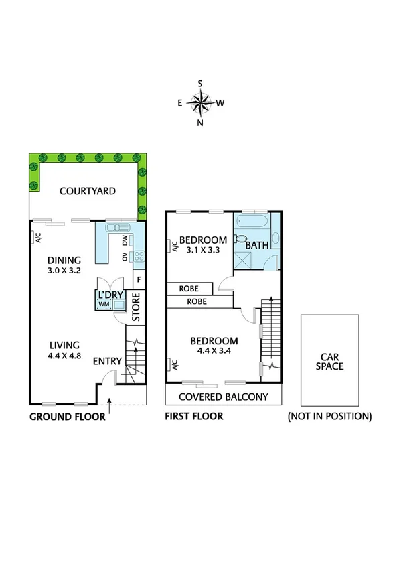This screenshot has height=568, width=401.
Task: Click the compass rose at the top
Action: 200,102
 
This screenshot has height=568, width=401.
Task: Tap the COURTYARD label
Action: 87,191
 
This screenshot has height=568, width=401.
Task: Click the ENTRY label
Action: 107,362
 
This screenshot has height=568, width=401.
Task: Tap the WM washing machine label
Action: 104,305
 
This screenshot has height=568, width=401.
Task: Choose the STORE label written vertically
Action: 135,307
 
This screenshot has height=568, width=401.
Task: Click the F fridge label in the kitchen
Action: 139,279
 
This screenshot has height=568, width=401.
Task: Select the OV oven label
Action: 125,257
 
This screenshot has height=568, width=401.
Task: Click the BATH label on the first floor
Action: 257,245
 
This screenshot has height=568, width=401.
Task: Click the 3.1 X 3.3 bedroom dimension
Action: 204,250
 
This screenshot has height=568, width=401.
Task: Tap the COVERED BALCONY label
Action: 224,397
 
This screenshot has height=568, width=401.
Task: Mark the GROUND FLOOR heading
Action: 67,417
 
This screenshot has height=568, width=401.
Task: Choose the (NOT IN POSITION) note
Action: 329,417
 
